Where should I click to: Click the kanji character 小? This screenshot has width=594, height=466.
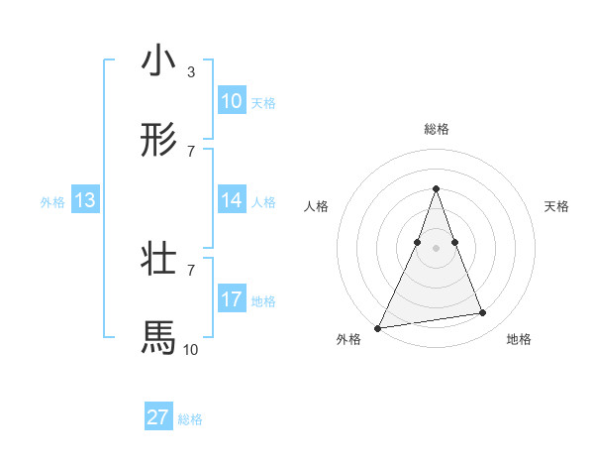pyautogui.click(x=158, y=60)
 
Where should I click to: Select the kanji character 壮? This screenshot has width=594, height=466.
pyautogui.click(x=158, y=259)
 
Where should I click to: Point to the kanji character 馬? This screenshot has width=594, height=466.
pyautogui.click(x=158, y=338)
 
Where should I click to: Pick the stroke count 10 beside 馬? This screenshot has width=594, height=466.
pyautogui.click(x=190, y=349)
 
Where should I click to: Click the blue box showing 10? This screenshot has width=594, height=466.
pyautogui.click(x=232, y=101)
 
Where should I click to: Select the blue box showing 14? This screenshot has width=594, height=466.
pyautogui.click(x=232, y=200)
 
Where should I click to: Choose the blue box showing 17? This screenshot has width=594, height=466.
pyautogui.click(x=232, y=299)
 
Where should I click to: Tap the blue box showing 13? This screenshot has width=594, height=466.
pyautogui.click(x=85, y=200)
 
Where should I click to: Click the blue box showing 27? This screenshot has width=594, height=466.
pyautogui.click(x=158, y=417)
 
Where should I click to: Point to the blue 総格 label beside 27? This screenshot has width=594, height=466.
pyautogui.click(x=190, y=419)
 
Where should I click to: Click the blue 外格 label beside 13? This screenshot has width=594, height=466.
pyautogui.click(x=52, y=202)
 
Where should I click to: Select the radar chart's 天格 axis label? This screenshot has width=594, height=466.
pyautogui.click(x=557, y=206)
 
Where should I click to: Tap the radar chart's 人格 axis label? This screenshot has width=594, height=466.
pyautogui.click(x=316, y=206)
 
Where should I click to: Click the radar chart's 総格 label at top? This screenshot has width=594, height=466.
pyautogui.click(x=437, y=129)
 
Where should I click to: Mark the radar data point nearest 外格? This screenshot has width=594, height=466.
pyautogui.click(x=378, y=328)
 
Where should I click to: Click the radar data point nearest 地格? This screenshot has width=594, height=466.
pyautogui.click(x=483, y=313)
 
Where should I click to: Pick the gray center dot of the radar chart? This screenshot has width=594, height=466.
pyautogui.click(x=437, y=248)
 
